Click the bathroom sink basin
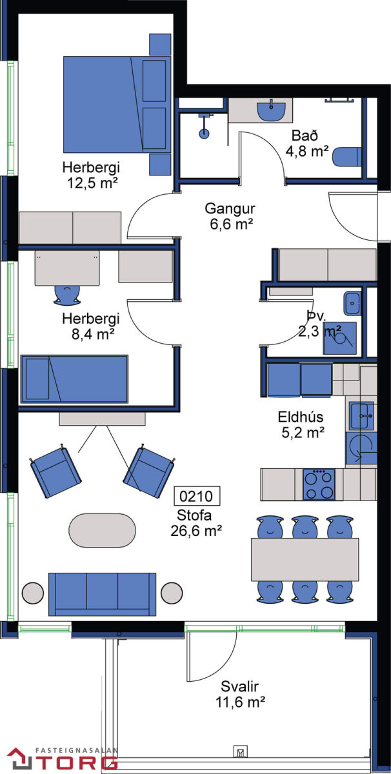(x=271, y=111)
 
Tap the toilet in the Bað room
(x=346, y=157)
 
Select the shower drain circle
(x=204, y=133)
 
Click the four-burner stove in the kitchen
(x=319, y=484)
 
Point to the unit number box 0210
(x=196, y=496)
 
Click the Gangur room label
(x=230, y=208)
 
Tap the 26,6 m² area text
(x=196, y=531)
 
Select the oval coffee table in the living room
(x=103, y=530)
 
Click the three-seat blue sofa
(x=103, y=594)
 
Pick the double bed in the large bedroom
(x=117, y=104)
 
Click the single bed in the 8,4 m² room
(x=74, y=379)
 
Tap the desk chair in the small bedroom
(x=67, y=295)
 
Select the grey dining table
(x=305, y=559)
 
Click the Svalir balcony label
(x=239, y=686)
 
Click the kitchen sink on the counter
(x=361, y=415)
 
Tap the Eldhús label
(x=301, y=417)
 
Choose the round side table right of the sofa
(x=172, y=593)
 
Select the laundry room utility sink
(x=352, y=303)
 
